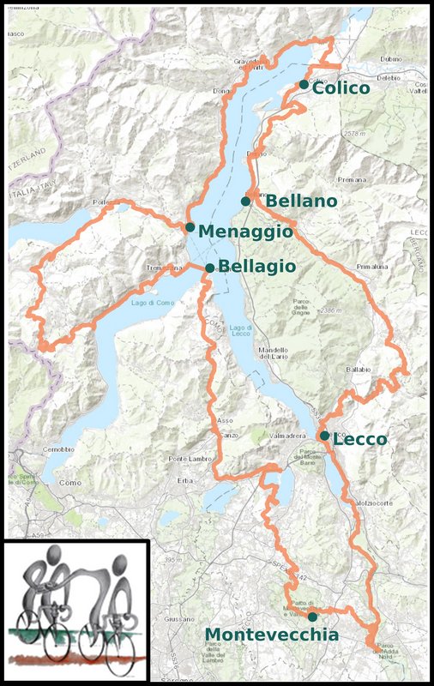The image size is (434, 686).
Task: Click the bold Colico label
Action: coord(341,87)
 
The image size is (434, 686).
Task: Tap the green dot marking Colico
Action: coord(304,84)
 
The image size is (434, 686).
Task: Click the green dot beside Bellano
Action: coord(245,202)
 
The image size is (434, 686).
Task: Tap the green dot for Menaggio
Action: coord(190,227)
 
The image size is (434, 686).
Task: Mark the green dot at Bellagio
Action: coord(209,268)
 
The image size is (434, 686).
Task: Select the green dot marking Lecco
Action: coord(324,436)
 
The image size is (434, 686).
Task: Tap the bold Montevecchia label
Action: coord(271,635)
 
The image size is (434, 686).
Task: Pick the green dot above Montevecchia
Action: coord(312,617)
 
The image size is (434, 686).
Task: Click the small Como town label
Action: coord(69,484)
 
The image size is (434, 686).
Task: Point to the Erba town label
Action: coord(186,479)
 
